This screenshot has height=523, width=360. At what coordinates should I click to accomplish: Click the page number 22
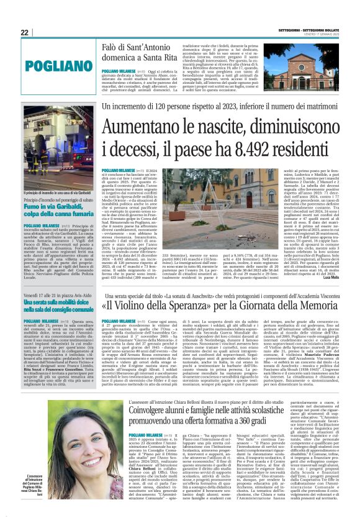coord(25,32)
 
